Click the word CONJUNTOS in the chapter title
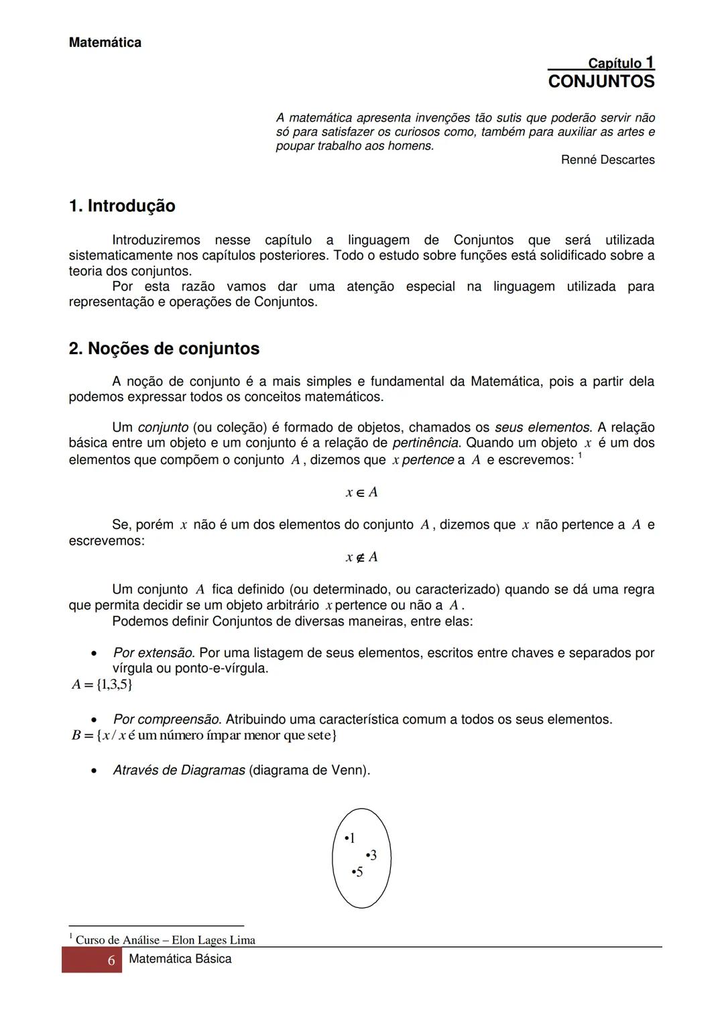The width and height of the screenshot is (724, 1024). click(601, 82)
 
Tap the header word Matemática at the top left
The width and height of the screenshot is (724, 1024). click(105, 43)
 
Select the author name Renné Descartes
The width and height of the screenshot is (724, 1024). click(607, 160)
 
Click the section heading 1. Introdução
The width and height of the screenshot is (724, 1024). click(122, 206)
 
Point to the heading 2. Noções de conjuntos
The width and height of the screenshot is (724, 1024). click(164, 349)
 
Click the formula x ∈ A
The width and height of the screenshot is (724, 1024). click(361, 492)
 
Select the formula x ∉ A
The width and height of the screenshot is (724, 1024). click(361, 557)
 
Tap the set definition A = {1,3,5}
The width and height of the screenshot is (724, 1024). click(102, 685)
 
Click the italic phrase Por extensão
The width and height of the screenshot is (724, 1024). click(154, 652)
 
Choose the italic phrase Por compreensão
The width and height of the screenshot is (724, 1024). click(166, 720)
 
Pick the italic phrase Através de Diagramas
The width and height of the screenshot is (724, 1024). click(179, 771)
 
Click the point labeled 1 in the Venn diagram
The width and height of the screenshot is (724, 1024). click(349, 838)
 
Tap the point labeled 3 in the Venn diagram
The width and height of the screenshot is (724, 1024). click(371, 856)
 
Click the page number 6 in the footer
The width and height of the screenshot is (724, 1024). click(111, 960)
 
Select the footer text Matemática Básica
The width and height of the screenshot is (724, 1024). click(180, 959)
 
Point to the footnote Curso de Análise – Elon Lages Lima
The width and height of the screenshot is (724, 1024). click(165, 940)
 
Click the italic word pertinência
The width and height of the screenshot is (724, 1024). click(426, 443)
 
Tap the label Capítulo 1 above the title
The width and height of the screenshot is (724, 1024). click(621, 63)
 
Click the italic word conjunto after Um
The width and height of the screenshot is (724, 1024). click(163, 428)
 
